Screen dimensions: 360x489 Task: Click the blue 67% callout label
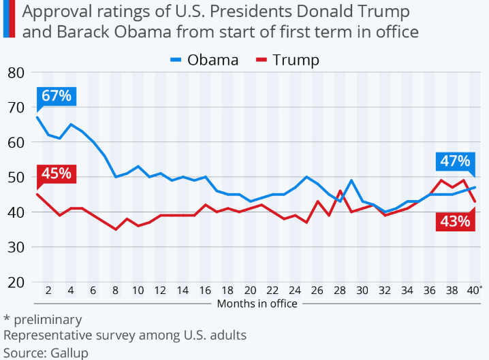point(56,96)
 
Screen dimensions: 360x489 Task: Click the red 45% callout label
point(56,173)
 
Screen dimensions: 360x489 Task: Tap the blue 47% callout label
point(454,161)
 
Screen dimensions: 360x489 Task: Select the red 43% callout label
point(454,221)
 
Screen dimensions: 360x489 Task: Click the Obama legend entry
point(204,60)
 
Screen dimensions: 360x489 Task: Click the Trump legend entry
point(287,60)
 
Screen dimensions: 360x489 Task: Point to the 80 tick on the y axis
point(16,72)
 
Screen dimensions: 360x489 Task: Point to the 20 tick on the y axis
point(16,282)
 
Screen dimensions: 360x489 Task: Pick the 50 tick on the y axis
point(16,177)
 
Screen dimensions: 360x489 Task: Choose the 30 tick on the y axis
point(16,247)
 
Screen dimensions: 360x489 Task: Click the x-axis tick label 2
point(48,290)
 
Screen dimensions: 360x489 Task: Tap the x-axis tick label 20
point(251,290)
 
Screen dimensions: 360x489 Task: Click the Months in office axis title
point(257,304)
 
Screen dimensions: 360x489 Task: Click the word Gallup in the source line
point(69,353)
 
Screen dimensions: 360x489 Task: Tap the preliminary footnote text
point(46,319)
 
